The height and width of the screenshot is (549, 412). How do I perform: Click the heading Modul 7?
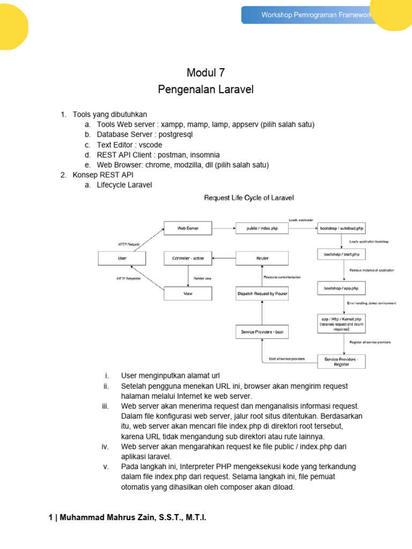(x=206, y=73)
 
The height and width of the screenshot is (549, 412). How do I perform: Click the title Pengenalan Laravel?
(x=206, y=90)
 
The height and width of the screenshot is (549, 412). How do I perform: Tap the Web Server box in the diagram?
(x=188, y=228)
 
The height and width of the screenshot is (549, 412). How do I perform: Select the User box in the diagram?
(x=122, y=258)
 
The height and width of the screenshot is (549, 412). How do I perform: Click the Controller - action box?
(x=188, y=258)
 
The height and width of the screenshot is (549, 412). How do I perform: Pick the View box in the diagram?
(x=188, y=293)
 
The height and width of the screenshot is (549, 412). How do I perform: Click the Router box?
(x=262, y=258)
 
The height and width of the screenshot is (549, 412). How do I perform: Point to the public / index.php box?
(x=262, y=228)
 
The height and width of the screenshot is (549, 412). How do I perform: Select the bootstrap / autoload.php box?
(x=341, y=228)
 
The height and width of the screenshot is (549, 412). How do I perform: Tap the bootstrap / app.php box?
(x=341, y=288)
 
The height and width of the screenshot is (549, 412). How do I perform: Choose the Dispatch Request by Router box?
(x=262, y=293)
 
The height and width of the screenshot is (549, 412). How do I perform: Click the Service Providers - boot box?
(x=262, y=332)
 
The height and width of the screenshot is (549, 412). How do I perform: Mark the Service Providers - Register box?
(x=341, y=361)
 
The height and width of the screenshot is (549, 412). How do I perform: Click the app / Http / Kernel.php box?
(x=341, y=324)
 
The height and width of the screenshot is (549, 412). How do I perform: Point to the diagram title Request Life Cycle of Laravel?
(x=249, y=198)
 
